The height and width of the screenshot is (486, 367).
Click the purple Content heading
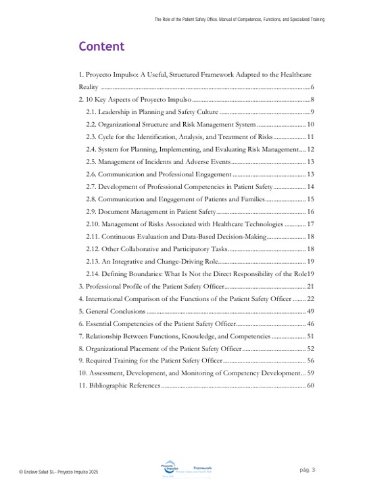click(101, 47)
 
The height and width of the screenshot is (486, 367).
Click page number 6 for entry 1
click(312, 88)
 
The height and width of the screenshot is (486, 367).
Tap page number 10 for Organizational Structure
click(310, 124)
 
